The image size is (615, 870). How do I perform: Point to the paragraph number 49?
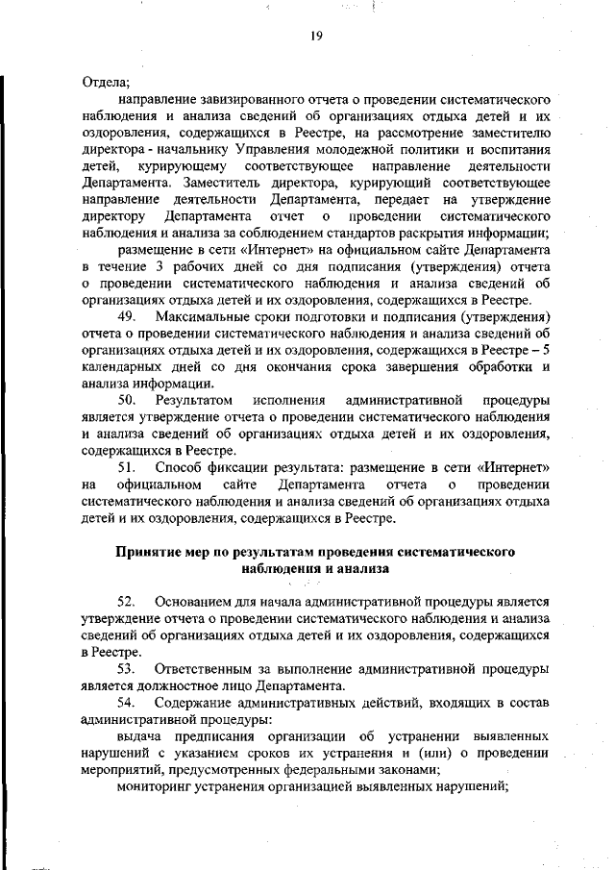127,315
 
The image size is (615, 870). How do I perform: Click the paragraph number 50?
127,399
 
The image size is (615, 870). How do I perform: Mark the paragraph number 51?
127,467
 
